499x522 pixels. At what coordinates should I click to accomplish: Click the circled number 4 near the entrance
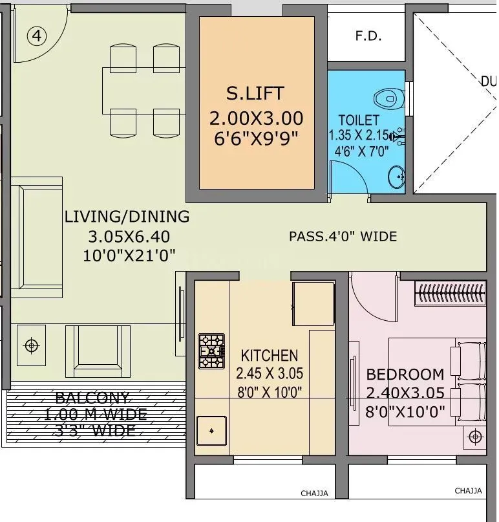pyautogui.click(x=37, y=36)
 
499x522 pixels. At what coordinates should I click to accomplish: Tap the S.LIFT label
pyautogui.click(x=255, y=93)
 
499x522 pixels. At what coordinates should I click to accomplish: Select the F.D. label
pyautogui.click(x=368, y=36)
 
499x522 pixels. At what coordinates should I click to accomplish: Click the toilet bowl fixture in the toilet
pyautogui.click(x=387, y=98)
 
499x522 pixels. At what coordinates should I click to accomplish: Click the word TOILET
pyautogui.click(x=359, y=120)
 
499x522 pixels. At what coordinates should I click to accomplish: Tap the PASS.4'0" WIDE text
pyautogui.click(x=343, y=237)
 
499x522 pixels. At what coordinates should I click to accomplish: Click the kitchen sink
pyautogui.click(x=211, y=431)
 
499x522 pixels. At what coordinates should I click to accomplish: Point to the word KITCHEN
pyautogui.click(x=270, y=355)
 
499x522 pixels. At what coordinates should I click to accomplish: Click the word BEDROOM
pyautogui.click(x=405, y=375)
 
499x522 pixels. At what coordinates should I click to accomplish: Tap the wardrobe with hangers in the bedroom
pyautogui.click(x=450, y=294)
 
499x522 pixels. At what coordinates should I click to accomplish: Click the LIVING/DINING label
pyautogui.click(x=127, y=216)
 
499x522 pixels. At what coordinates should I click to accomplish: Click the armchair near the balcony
pyautogui.click(x=98, y=350)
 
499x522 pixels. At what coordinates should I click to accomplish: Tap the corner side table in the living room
pyautogui.click(x=31, y=345)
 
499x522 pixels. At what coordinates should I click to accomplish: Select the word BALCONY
pyautogui.click(x=92, y=398)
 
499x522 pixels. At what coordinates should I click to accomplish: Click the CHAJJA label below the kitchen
pyautogui.click(x=314, y=494)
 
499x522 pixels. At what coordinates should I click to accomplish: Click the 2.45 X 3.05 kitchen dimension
pyautogui.click(x=270, y=373)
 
